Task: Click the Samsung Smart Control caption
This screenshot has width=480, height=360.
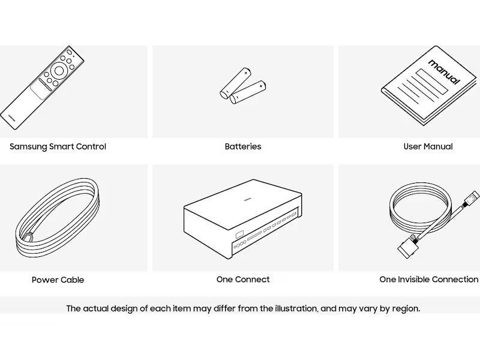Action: [58, 146]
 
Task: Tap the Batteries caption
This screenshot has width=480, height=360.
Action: [243, 146]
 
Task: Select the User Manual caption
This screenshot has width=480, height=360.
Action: [428, 146]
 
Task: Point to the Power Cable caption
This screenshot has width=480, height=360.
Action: [58, 280]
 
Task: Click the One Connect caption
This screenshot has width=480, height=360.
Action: [243, 280]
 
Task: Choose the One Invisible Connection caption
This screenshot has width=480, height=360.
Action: [429, 280]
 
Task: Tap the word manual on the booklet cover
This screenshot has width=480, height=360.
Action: [444, 72]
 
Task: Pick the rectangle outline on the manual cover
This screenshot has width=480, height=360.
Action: [431, 82]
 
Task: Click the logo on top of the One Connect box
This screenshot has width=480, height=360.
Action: [248, 199]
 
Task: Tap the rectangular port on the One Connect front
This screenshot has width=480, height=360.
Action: [239, 235]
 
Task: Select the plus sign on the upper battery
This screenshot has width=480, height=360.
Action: [245, 73]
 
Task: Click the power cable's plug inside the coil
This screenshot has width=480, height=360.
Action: [28, 238]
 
